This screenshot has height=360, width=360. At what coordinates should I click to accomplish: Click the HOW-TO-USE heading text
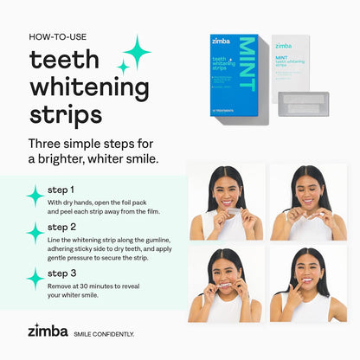coord(58,37)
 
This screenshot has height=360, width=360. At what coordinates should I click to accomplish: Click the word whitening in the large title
coord(87,88)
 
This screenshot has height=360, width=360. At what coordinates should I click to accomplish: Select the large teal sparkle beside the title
coord(136,51)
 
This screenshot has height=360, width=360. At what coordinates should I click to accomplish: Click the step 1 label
coord(61,189)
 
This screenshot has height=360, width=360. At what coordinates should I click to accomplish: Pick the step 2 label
coord(61,227)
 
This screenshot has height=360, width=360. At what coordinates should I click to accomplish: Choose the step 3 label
coord(61,273)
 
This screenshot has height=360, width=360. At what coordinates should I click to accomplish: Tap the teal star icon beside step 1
coord(35,196)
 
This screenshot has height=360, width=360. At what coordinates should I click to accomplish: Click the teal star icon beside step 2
coord(35,233)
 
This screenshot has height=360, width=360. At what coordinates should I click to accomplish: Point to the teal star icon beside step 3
coord(35,278)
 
